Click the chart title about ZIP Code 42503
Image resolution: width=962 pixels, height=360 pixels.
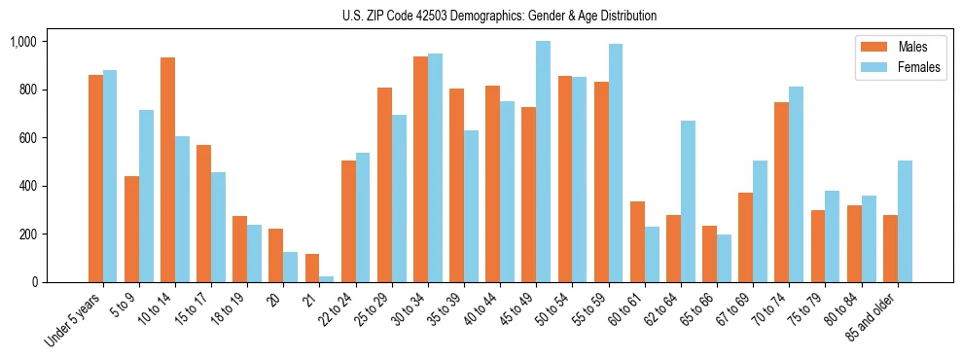[x=499, y=16]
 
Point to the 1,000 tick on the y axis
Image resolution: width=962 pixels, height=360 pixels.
[x=23, y=42]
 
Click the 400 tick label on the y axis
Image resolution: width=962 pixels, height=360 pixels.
[x=27, y=186]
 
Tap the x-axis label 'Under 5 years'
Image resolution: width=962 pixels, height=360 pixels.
[x=75, y=320]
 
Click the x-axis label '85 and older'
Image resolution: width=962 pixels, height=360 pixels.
[x=871, y=317]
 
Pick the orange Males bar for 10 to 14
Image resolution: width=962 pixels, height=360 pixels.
[x=168, y=170]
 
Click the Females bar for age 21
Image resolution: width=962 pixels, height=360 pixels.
[x=327, y=279]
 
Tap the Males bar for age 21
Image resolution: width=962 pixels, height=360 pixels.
[x=312, y=269]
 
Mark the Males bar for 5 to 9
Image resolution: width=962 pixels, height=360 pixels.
[x=132, y=230]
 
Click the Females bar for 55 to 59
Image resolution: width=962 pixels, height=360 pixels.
[x=615, y=163]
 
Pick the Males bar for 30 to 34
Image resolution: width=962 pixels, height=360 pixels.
[x=420, y=169]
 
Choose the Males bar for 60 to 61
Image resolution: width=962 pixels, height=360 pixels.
[x=637, y=242]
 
